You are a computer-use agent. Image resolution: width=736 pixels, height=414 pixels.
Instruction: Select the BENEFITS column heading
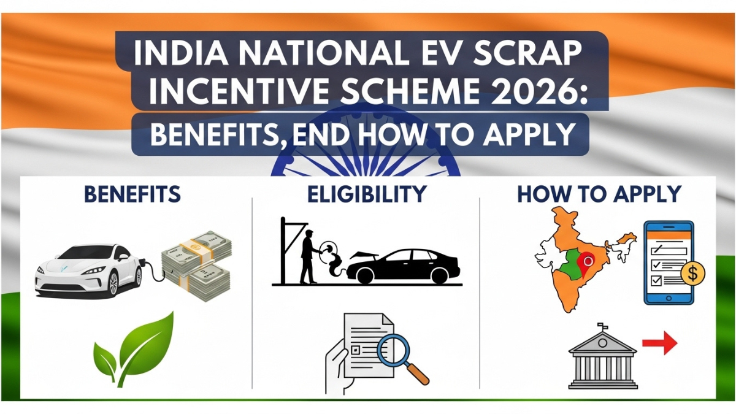coord(132,194)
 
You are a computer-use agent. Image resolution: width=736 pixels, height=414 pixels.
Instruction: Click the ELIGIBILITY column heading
coord(366,194)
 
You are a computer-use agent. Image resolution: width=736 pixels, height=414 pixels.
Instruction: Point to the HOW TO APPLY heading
coord(599,194)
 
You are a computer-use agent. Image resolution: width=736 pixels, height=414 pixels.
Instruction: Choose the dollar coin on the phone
coord(692,274)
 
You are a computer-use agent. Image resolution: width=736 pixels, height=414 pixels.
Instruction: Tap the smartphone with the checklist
coord(668,263)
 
